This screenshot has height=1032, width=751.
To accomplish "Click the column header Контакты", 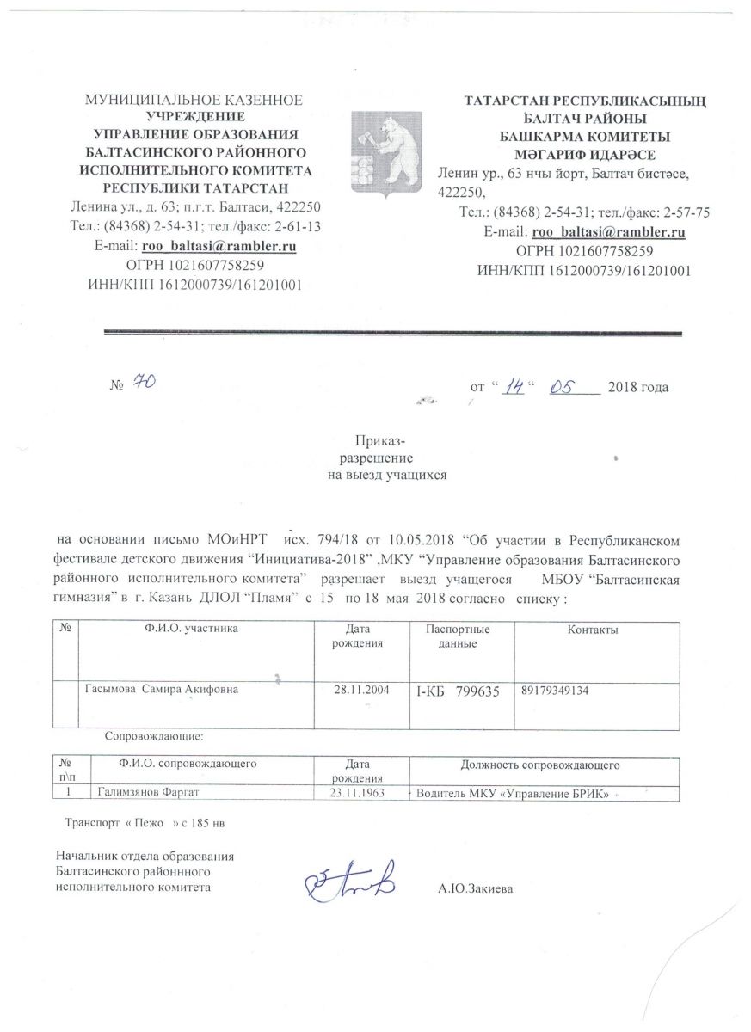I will (593, 630).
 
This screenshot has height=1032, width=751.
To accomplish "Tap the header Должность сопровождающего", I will (541, 764).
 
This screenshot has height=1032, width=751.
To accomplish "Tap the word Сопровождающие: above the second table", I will (154, 736).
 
